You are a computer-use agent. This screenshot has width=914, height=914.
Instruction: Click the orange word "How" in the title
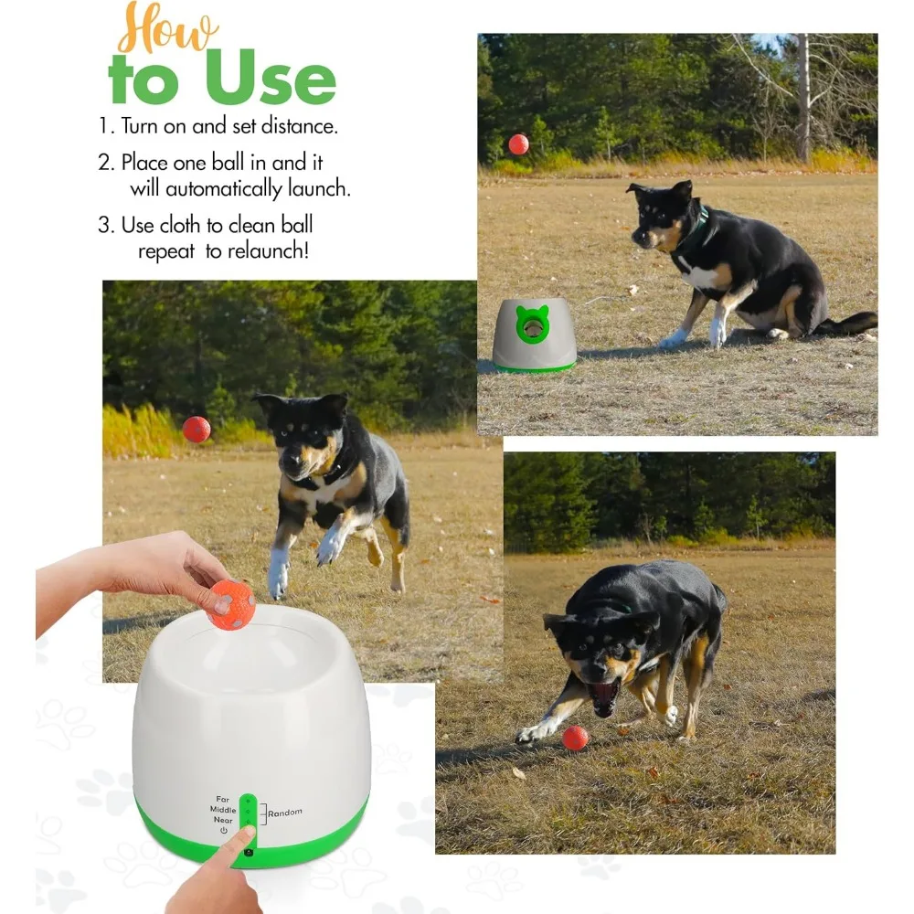click(x=168, y=28)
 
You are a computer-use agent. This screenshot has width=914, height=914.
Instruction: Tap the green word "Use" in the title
click(x=271, y=79)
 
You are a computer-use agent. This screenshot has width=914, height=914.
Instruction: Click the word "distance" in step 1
click(x=299, y=126)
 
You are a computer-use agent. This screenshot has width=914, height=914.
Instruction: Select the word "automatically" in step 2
click(x=223, y=189)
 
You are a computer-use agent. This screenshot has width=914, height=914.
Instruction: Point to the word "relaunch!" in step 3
click(x=268, y=251)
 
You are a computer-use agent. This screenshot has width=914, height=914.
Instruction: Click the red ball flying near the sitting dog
click(x=518, y=144)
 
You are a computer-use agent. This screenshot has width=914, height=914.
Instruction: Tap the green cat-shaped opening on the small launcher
click(x=532, y=324)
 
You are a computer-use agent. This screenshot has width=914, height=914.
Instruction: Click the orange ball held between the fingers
click(x=231, y=604)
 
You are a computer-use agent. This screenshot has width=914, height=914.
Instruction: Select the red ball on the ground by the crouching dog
click(x=575, y=738)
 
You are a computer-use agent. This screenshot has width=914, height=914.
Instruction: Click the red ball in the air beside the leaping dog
click(x=197, y=430)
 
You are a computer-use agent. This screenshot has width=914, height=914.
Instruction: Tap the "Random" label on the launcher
click(x=285, y=813)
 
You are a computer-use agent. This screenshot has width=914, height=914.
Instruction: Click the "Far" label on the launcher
click(x=223, y=799)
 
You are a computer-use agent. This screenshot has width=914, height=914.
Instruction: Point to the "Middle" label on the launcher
click(x=223, y=810)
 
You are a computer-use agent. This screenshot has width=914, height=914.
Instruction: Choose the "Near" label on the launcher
click(x=223, y=820)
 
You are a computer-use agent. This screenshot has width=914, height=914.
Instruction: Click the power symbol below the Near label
click(x=224, y=831)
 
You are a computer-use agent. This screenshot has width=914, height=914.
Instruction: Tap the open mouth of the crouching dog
click(x=604, y=695)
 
